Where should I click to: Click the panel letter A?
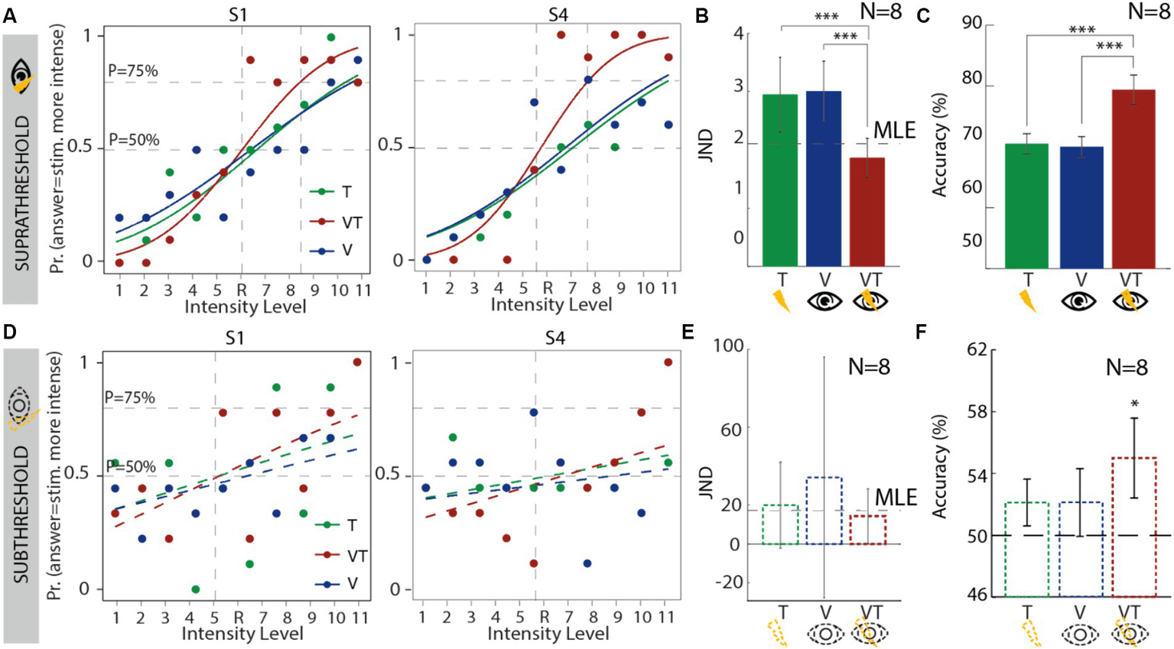pos(10,15)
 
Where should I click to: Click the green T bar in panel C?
pos(1026,206)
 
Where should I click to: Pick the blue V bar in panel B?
pos(823,178)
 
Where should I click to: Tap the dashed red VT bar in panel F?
pos(1133,527)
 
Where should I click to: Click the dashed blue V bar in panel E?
pos(823,511)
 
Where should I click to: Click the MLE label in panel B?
pos(894,130)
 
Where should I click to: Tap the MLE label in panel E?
pos(896,498)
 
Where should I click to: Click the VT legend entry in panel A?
pos(352,222)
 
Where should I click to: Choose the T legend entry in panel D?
pos(351,525)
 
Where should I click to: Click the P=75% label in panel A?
pos(133,71)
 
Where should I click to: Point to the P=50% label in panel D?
pos(130,466)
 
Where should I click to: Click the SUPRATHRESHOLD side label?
pos(22,193)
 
